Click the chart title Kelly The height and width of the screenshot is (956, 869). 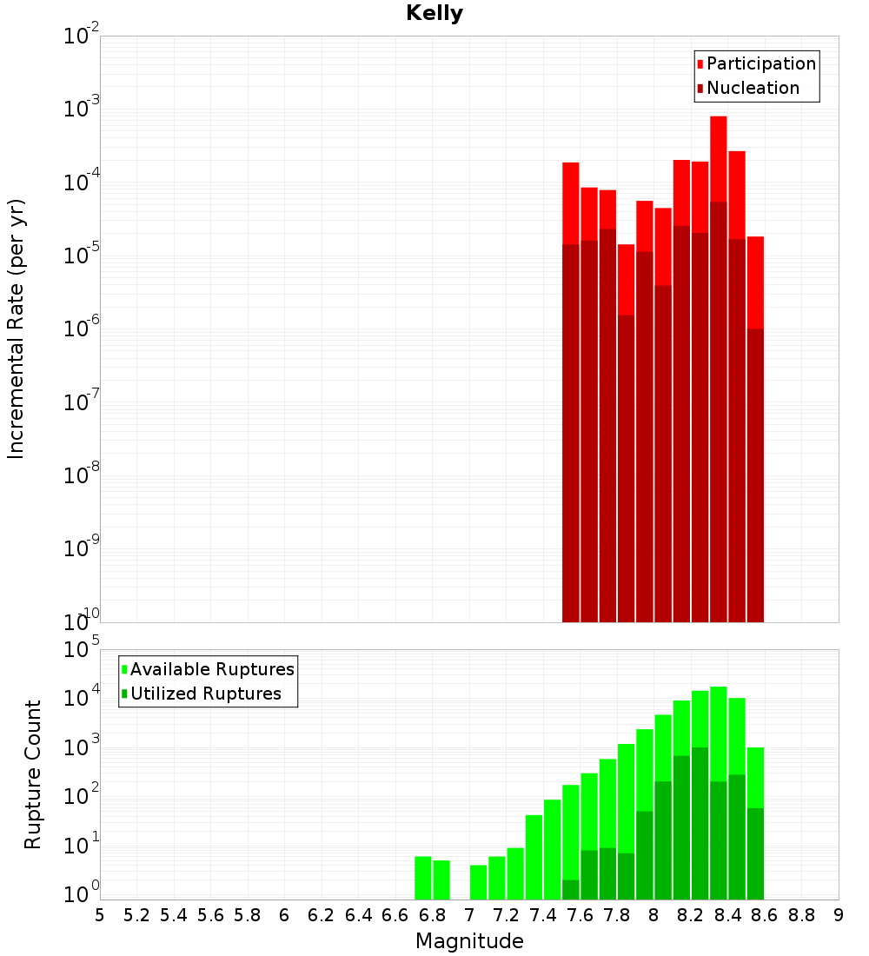pyautogui.click(x=434, y=14)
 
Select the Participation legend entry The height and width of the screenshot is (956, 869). pyautogui.click(x=761, y=63)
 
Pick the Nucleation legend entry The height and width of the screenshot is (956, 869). pyautogui.click(x=753, y=88)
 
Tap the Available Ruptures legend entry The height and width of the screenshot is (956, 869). pyautogui.click(x=212, y=669)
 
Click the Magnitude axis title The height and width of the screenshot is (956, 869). pyautogui.click(x=469, y=941)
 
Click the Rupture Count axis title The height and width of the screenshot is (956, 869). pyautogui.click(x=33, y=773)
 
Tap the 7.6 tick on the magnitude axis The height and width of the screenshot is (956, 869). pyautogui.click(x=580, y=915)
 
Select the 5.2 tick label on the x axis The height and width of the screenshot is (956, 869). pyautogui.click(x=136, y=915)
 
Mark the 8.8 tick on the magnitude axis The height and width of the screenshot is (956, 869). pyautogui.click(x=801, y=915)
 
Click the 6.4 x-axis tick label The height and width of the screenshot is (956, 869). pyautogui.click(x=358, y=915)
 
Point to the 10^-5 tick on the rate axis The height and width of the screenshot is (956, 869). pyautogui.click(x=80, y=256)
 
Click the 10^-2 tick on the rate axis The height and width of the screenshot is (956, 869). pyautogui.click(x=80, y=37)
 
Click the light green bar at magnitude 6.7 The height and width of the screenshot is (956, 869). pyautogui.click(x=423, y=878)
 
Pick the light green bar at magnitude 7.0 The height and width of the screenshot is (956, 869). pyautogui.click(x=478, y=882)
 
